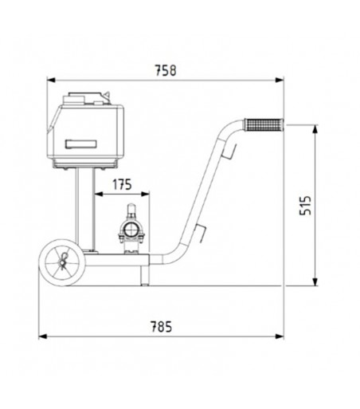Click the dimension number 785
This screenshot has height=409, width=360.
pyautogui.click(x=161, y=324)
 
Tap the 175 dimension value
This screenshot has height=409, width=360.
pyautogui.click(x=121, y=183)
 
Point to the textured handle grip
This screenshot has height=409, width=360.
pyautogui.click(x=265, y=125)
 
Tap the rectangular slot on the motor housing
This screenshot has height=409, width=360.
pyautogui.click(x=81, y=144)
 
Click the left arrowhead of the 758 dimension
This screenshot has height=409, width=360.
pyautogui.click(x=50, y=80)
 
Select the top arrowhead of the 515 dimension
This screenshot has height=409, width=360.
pyautogui.click(x=315, y=128)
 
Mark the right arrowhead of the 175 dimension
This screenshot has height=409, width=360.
pyautogui.click(x=147, y=194)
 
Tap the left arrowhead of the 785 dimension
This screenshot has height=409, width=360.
pyautogui.click(x=42, y=335)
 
